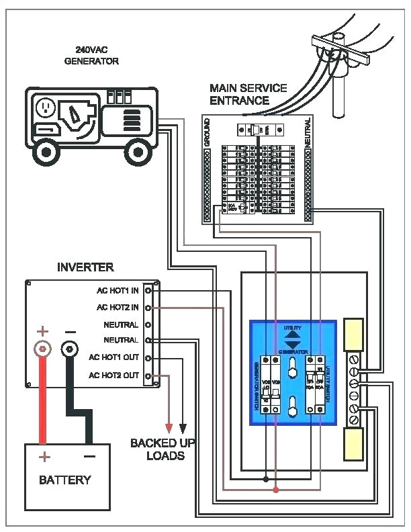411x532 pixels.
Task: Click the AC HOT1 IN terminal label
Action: [118, 291]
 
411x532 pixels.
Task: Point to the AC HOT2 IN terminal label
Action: [118, 308]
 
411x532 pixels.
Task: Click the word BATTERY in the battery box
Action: [64, 480]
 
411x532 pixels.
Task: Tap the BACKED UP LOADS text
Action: [158, 449]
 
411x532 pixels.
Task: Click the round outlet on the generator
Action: [46, 108]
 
